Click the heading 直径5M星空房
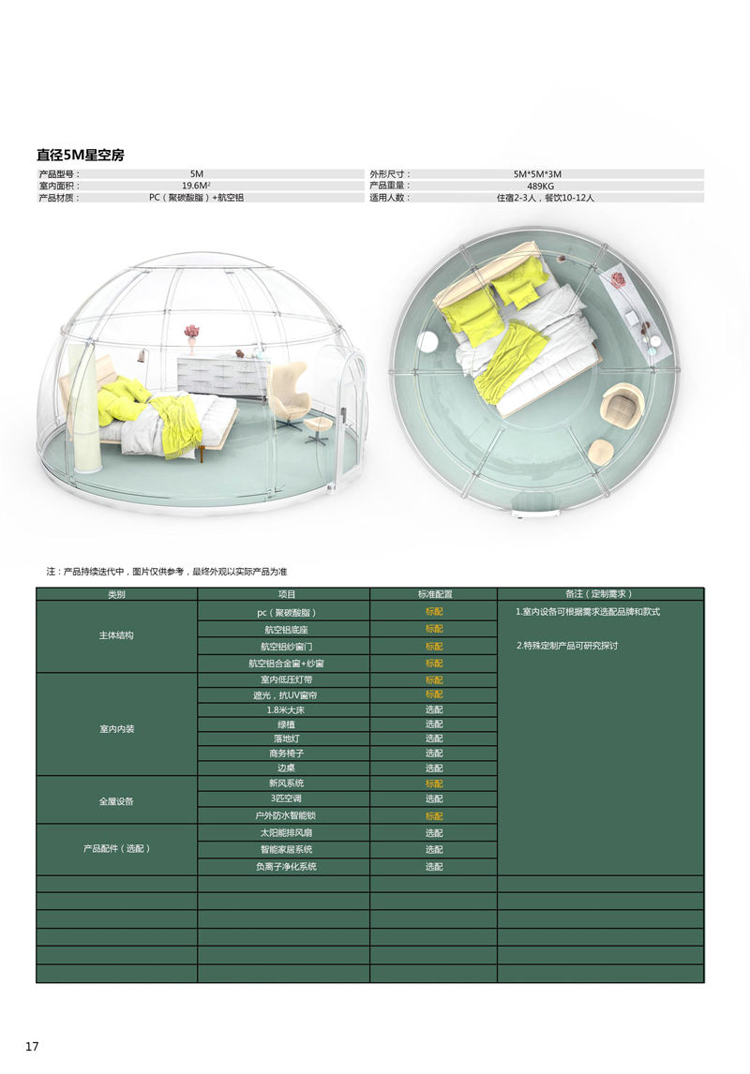pos(80,156)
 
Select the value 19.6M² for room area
pos(196,186)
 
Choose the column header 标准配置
pos(434,594)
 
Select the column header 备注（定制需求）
pos(600,594)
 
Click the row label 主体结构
pos(116,635)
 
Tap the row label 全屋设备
pos(116,801)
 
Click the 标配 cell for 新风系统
pos(434,783)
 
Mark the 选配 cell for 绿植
pos(434,724)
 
